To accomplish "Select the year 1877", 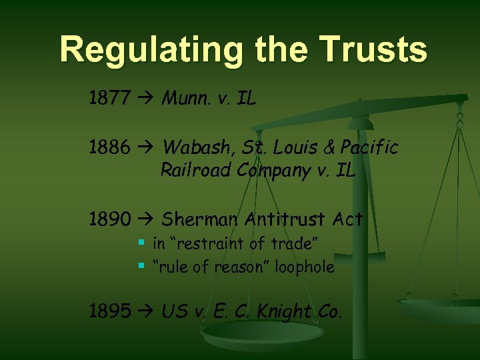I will (110, 100).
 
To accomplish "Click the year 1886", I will (110, 147).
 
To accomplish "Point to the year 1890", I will (110, 219).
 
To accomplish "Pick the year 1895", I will (110, 311).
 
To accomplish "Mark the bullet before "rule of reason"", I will (141, 267).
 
